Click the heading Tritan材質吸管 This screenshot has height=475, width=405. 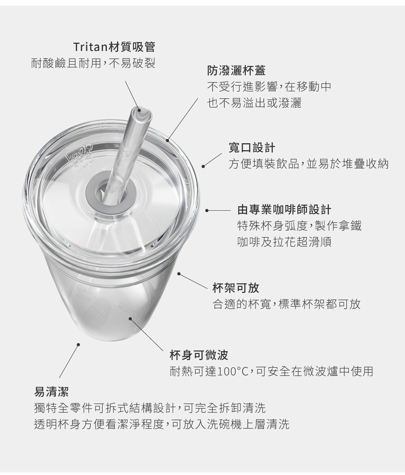[x=114, y=47]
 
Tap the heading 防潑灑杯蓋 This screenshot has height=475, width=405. [x=237, y=70]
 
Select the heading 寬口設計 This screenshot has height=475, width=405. [x=252, y=148]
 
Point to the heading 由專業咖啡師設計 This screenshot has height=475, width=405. [x=284, y=210]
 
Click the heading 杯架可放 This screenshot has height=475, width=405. [x=236, y=288]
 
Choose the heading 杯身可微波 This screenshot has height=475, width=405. [x=199, y=355]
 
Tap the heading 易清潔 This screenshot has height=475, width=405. [x=51, y=392]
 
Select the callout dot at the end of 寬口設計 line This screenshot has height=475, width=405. [x=203, y=166]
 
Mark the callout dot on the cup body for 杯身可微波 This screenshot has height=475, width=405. [x=130, y=318]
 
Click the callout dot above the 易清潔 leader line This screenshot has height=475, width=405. [x=78, y=344]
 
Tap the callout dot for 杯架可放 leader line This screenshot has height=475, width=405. [x=179, y=274]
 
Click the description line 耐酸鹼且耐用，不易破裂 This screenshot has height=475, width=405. [x=94, y=63]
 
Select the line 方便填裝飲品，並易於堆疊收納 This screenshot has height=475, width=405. [x=309, y=164]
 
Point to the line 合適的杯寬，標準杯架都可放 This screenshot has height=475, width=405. [x=287, y=304]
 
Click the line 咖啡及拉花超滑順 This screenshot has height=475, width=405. [x=284, y=242]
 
